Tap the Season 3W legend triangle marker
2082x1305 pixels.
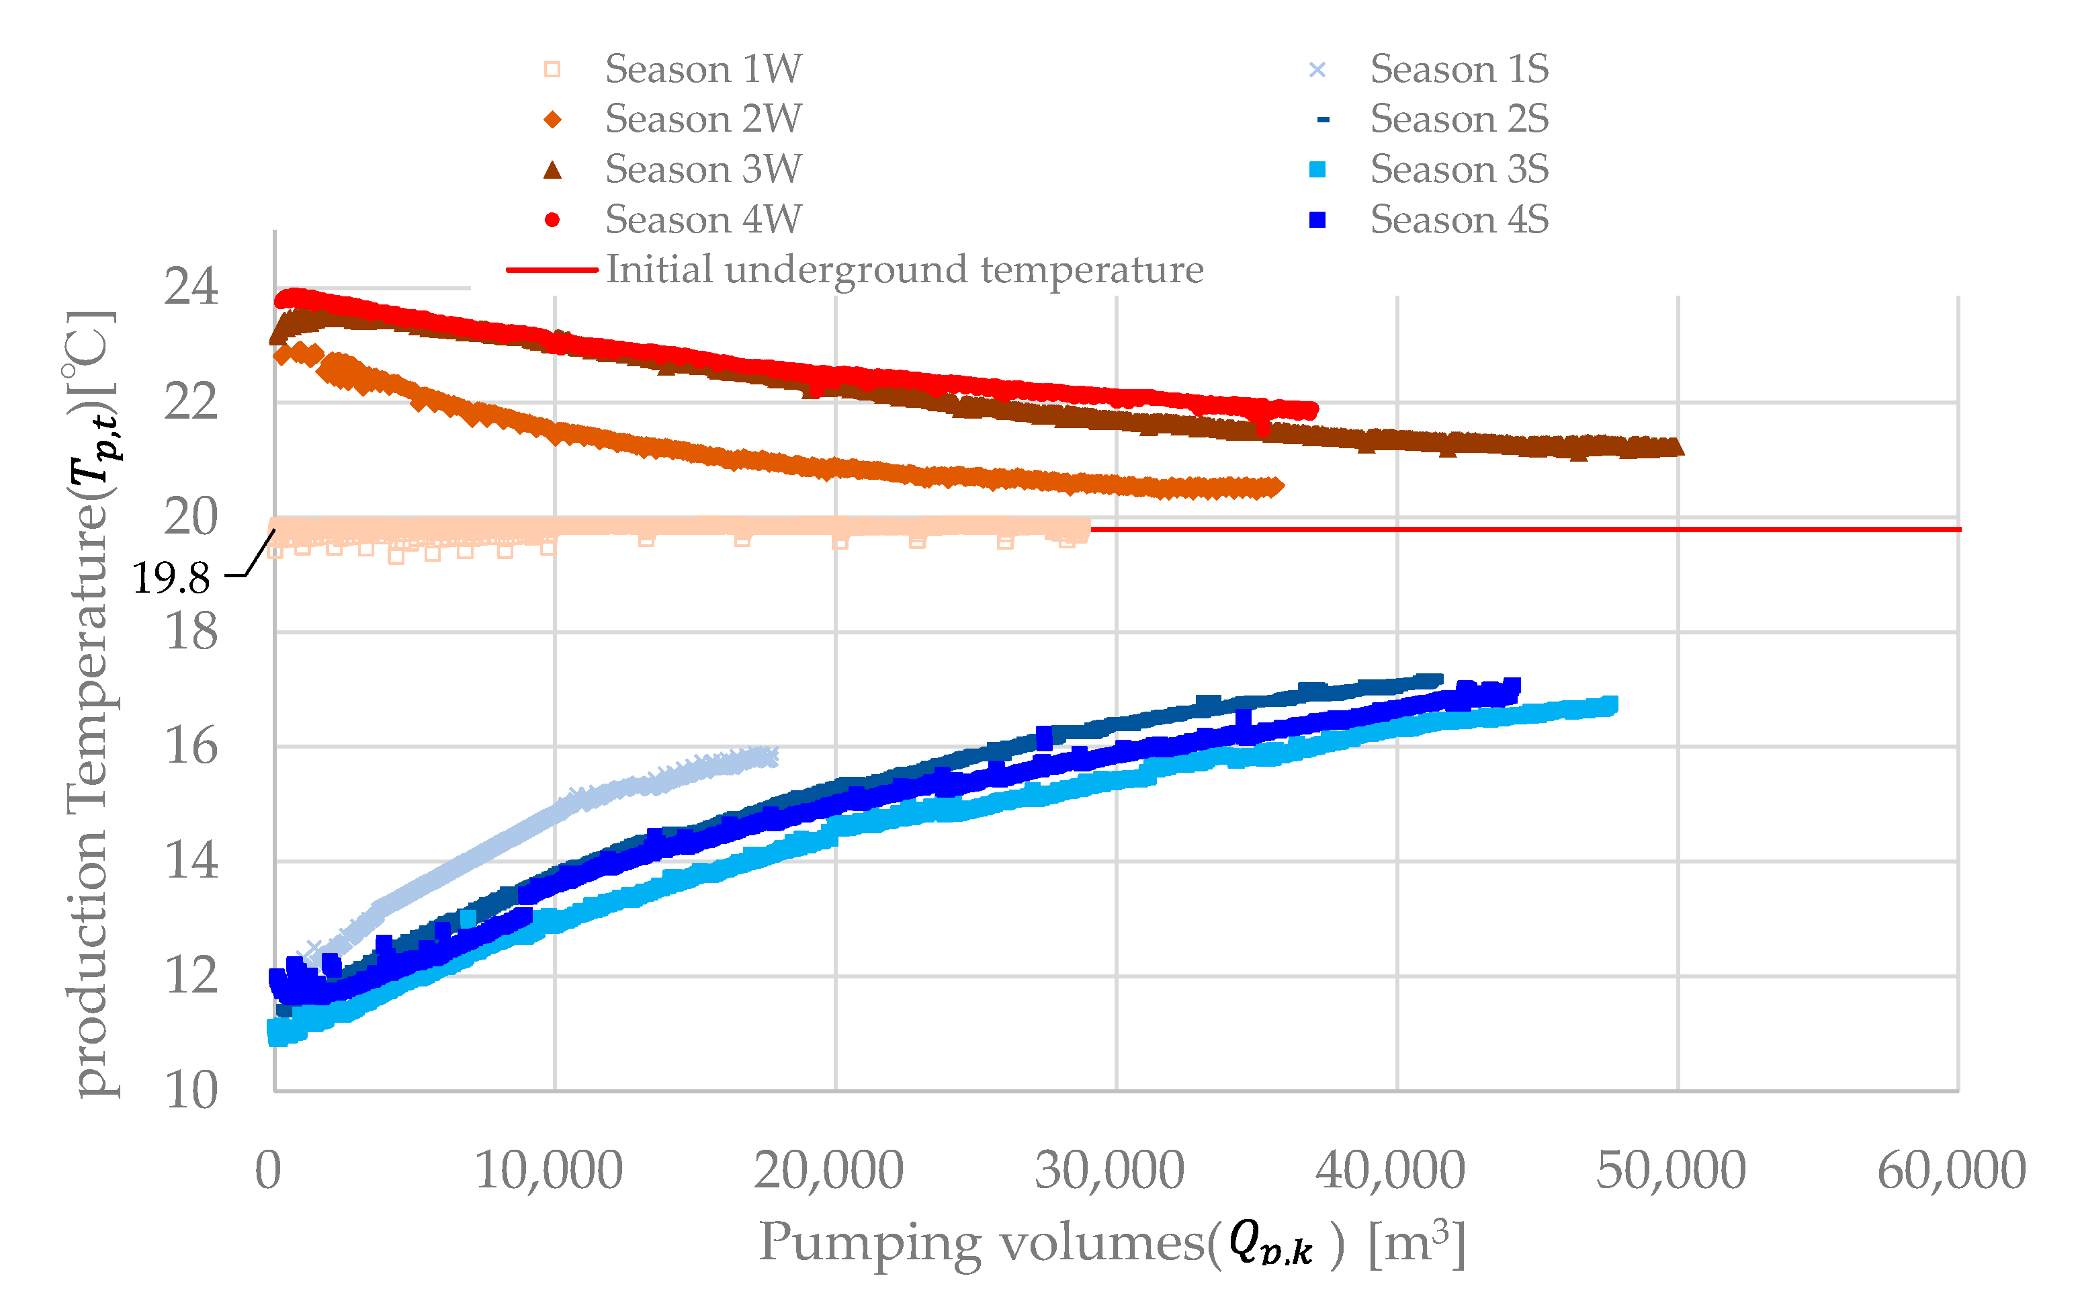pos(552,170)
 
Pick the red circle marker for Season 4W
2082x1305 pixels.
pos(552,220)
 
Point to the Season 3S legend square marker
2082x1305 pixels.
pos(1317,170)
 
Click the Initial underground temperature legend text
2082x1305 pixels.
pos(904,270)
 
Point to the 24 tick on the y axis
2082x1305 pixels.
pos(191,288)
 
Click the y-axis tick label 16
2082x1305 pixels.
pos(191,747)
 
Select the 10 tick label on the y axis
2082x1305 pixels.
pos(191,1091)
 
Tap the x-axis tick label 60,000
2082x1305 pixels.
pos(1952,1171)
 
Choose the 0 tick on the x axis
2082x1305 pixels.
pos(268,1171)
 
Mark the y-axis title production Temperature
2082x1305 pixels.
pos(91,704)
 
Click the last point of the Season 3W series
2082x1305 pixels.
pos(1676,447)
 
